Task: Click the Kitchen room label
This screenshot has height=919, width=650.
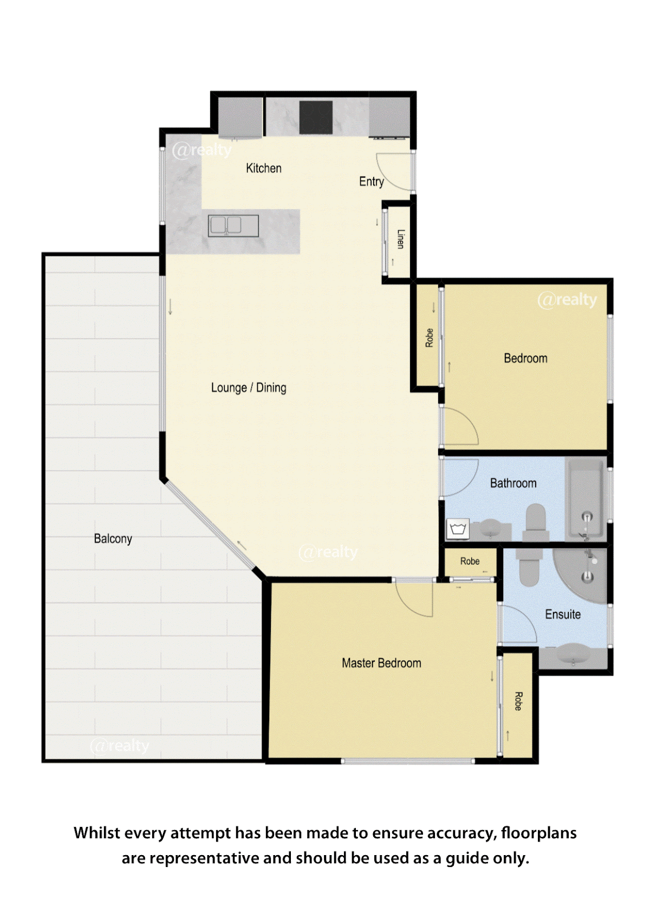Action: point(263,168)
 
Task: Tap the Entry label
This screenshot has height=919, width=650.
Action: point(372,181)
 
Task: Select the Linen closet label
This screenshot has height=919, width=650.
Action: point(400,239)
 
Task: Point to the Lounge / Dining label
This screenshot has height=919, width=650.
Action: point(249,388)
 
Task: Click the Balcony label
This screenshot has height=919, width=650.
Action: point(113,539)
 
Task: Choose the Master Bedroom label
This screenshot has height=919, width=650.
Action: point(382,663)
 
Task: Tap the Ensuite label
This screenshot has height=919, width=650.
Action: point(563,614)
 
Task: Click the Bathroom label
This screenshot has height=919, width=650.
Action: point(513,483)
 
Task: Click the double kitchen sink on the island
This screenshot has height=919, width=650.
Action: point(233,226)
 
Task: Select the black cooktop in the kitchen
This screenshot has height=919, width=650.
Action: point(316,118)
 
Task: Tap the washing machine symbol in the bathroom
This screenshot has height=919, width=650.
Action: point(458,529)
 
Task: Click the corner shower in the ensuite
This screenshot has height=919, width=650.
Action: point(580,576)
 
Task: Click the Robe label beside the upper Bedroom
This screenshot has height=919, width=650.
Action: point(429,337)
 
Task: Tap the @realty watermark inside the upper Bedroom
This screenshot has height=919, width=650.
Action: point(567,299)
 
